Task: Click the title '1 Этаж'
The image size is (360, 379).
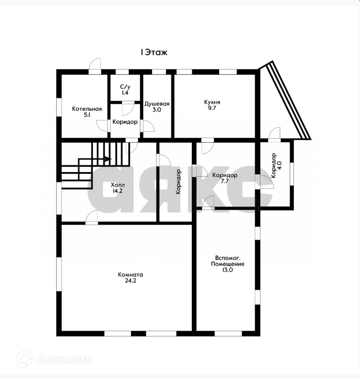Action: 154,52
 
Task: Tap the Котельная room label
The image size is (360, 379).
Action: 87,109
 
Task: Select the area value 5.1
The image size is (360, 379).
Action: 87,115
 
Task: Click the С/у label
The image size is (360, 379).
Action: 125,86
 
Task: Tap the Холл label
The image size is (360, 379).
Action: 117,185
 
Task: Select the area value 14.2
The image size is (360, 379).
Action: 117,191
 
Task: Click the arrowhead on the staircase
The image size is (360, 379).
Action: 107,159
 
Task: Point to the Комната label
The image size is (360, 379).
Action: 131,274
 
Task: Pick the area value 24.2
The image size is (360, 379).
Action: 131,281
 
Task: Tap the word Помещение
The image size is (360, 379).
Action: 228,264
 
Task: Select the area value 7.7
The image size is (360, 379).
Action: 225,181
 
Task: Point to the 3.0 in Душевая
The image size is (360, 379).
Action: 157,110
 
